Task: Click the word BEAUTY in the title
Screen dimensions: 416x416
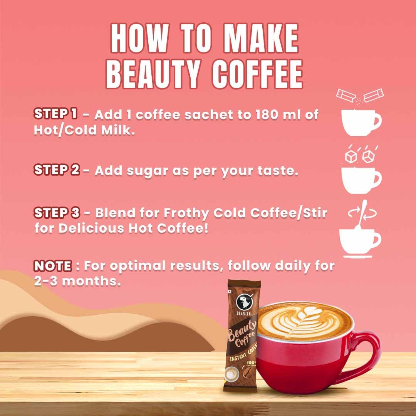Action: point(153,74)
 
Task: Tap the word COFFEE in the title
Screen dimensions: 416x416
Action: point(257,74)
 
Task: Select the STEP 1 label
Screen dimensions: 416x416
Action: point(56,114)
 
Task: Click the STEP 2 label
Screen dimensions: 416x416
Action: point(57,170)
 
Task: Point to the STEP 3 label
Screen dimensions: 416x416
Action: point(57,213)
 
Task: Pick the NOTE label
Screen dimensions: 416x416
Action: point(53,266)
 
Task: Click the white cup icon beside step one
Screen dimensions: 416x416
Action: point(361,122)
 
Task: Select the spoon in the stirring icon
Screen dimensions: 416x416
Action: point(361,216)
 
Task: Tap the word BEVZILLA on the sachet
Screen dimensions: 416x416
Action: point(244,313)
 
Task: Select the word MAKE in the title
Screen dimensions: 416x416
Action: point(261,38)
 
